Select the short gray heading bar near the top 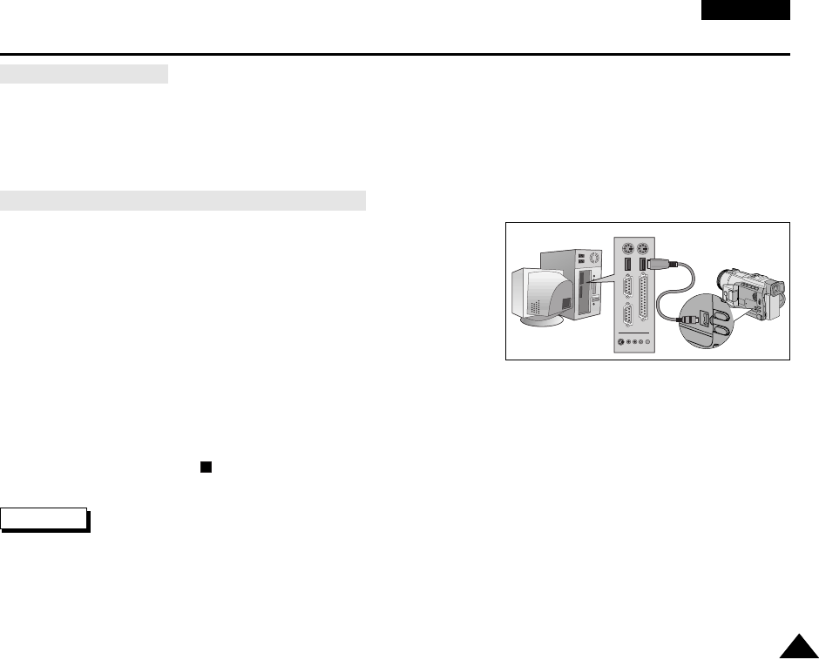[x=84, y=73]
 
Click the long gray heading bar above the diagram [x=182, y=201]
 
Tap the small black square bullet [x=206, y=466]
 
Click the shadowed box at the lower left [x=44, y=519]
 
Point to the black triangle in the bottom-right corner [x=798, y=647]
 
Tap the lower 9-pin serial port [x=626, y=316]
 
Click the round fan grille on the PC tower [x=595, y=258]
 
